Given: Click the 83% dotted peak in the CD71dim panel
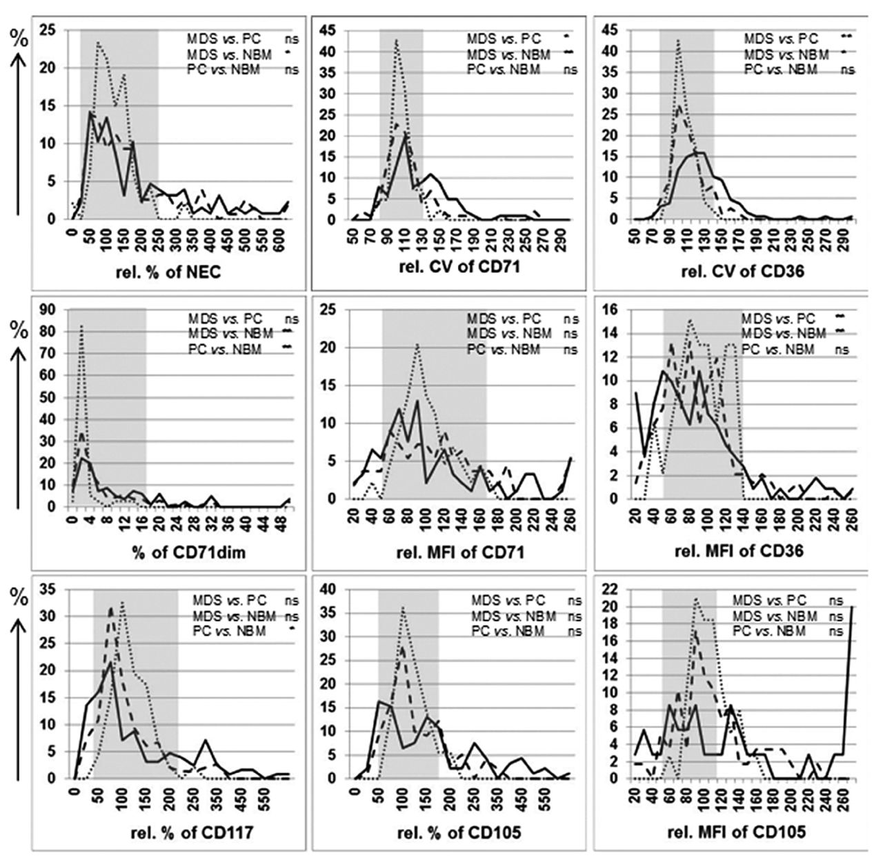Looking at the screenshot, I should [82, 326].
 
